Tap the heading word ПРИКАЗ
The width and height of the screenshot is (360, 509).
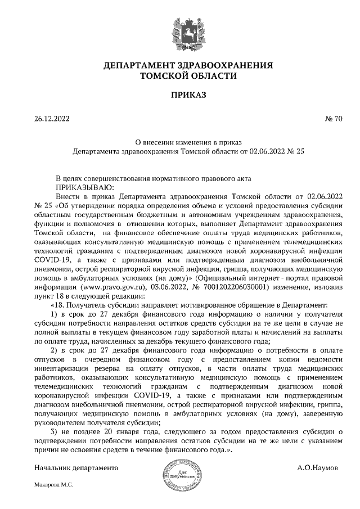pos(181,95)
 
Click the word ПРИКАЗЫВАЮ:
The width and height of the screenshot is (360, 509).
pos(84,187)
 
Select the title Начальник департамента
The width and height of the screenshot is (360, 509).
pos(75,468)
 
